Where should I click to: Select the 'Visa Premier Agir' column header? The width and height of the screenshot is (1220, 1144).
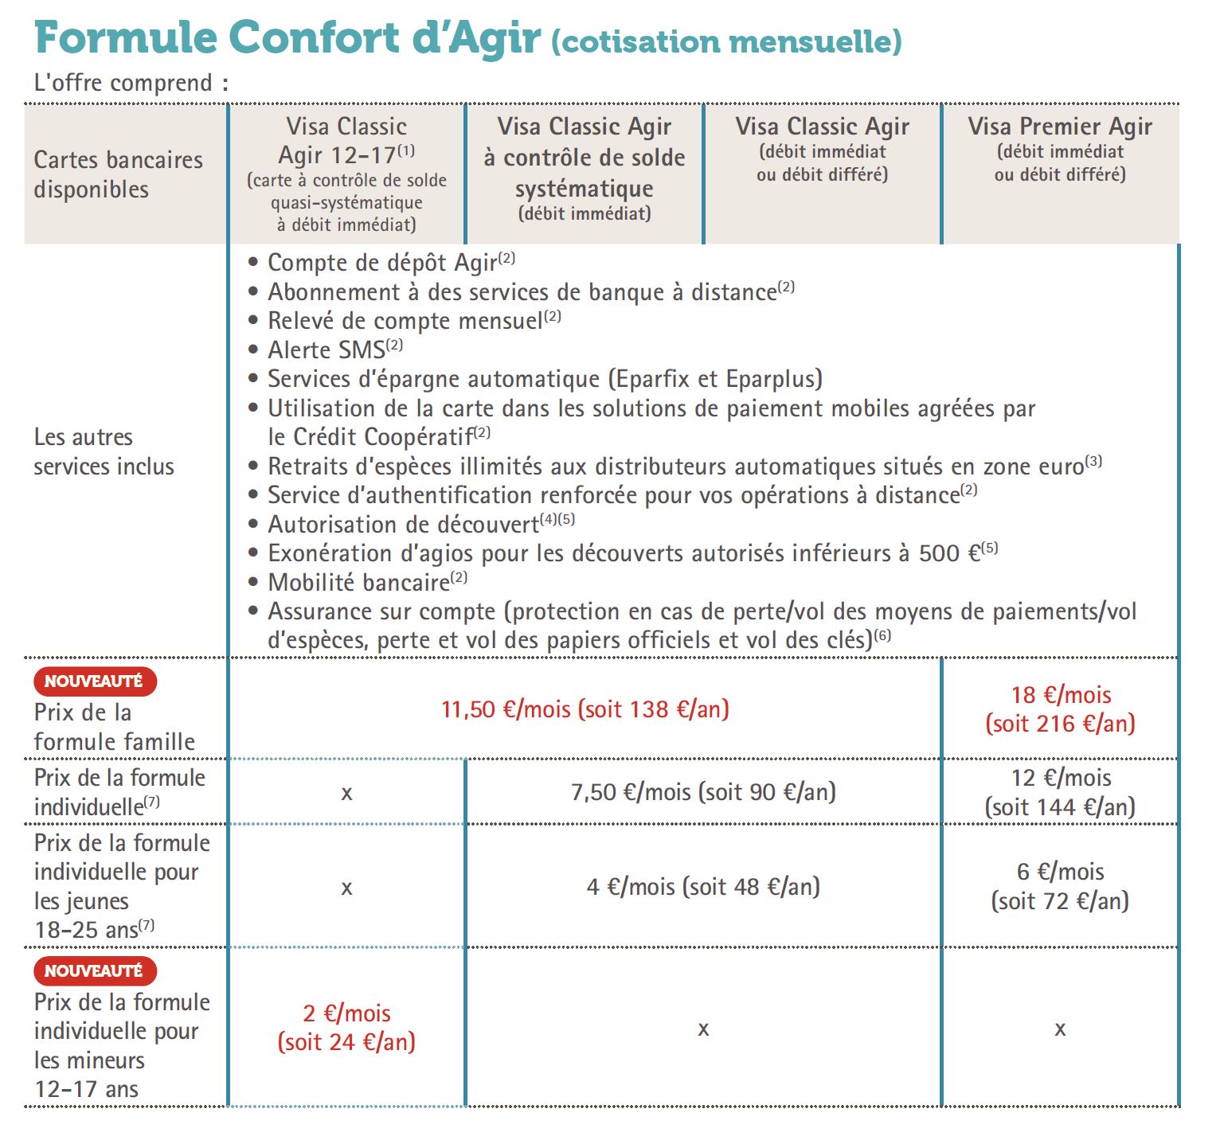[1060, 127]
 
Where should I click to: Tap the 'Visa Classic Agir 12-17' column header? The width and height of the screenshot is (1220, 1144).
[346, 141]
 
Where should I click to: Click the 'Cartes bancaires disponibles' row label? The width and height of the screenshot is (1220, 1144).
[118, 174]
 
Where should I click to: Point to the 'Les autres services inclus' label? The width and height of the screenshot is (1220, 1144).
[104, 451]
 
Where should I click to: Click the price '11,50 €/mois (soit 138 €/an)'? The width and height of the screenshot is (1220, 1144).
[585, 709]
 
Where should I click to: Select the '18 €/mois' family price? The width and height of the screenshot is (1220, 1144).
[1060, 695]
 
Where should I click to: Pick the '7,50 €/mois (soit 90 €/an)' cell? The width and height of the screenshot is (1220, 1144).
[703, 792]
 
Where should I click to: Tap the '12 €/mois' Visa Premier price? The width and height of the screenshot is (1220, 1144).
[1060, 778]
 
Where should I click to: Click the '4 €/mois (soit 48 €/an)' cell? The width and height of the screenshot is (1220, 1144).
[703, 886]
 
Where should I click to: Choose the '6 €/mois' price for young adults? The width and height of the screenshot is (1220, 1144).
[1060, 872]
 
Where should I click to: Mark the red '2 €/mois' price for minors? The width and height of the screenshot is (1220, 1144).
[346, 1013]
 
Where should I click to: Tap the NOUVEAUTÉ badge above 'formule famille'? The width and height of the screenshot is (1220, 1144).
[94, 681]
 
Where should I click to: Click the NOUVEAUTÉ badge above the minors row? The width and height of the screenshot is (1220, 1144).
[94, 970]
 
